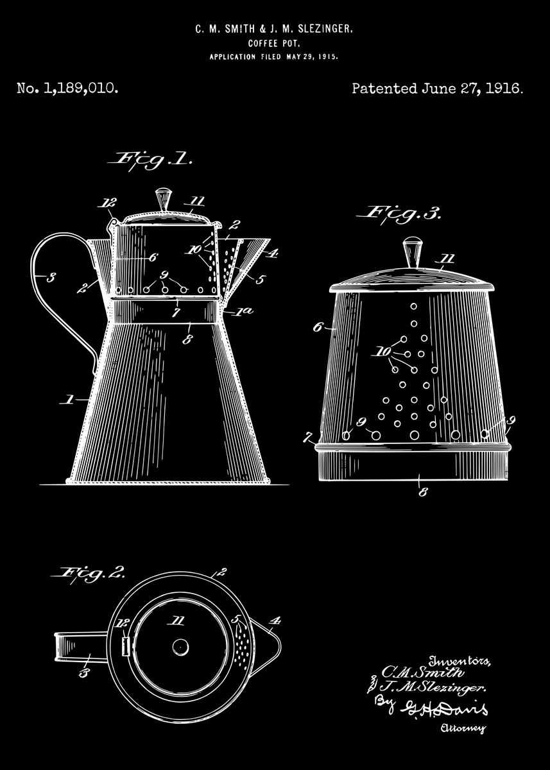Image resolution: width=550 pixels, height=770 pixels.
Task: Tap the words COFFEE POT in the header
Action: tap(274, 44)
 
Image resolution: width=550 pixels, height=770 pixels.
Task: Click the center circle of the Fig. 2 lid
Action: tap(180, 646)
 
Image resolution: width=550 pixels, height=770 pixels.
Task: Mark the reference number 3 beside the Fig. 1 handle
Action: tap(51, 277)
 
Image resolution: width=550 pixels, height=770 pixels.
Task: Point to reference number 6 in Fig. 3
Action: tap(318, 327)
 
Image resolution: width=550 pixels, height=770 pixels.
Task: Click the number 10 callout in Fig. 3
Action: tap(383, 352)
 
